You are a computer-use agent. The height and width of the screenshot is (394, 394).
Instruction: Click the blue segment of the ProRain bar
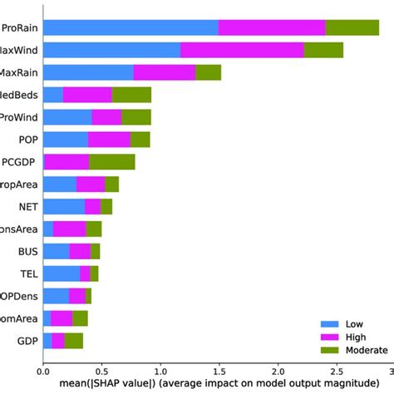130,27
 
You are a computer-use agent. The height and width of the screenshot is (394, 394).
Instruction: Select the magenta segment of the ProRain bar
272,27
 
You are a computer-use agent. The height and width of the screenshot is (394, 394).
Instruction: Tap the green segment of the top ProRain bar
352,27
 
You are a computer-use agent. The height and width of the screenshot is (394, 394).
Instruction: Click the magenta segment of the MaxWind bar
242,50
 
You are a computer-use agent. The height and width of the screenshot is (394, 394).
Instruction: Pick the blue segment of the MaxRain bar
87,72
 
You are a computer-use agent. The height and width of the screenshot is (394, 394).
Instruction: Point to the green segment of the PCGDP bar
111,161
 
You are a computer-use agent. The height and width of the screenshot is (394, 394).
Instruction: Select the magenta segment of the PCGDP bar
66,161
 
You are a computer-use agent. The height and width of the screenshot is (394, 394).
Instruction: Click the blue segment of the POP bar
65,139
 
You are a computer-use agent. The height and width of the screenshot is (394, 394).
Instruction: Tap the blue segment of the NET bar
63,206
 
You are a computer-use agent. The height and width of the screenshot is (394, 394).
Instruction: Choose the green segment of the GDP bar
74,341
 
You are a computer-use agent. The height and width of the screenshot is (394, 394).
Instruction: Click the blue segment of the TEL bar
61,273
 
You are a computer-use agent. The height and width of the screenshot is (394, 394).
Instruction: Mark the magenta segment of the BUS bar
80,251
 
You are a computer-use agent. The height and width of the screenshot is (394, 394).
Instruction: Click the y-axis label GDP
26,341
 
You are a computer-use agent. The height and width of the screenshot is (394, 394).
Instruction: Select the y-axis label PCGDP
18,161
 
